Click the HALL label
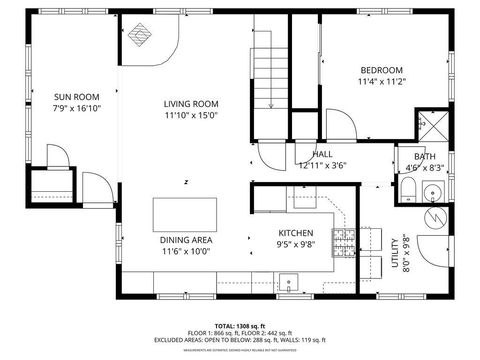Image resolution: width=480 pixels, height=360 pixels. (x=322, y=154)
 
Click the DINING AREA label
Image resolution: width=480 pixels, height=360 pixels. (x=186, y=240)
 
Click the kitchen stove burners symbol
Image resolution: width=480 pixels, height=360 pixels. (x=343, y=238)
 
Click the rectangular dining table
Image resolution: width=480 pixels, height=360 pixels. (x=185, y=214)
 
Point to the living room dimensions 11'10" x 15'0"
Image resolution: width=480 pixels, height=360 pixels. (x=191, y=116)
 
